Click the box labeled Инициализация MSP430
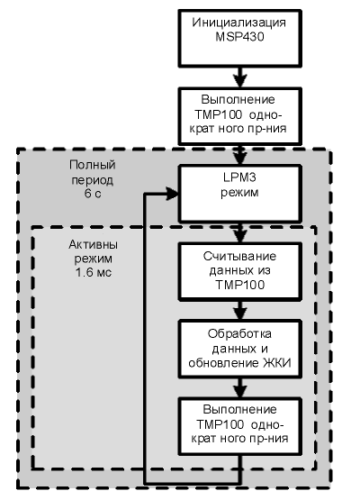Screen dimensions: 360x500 pos(240,38)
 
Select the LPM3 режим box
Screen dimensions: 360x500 pos(241,193)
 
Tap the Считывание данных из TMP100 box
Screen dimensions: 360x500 pos(240,271)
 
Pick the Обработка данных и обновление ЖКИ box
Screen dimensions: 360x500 pos(240,349)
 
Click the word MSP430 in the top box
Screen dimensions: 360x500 pos(239,37)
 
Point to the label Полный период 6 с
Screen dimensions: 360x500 pos(93,179)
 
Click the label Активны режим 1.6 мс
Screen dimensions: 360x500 pos(93,259)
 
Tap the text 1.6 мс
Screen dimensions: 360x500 pos(94,273)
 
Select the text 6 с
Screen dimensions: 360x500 pos(93,194)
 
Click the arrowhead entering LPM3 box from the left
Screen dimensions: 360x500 pos(173,193)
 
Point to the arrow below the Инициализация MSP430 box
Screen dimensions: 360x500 pos(240,77)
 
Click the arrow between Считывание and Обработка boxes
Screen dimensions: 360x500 pos(240,310)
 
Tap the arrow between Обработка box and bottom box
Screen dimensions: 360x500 pos(240,387)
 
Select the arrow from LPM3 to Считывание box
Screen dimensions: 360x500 pos(240,232)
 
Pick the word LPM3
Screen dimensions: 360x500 pos(240,177)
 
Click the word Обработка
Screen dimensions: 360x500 pos(239,334)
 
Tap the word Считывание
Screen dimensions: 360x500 pos(239,257)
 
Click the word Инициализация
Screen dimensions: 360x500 pos(238,23)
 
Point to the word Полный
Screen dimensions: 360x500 pos(93,165)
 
